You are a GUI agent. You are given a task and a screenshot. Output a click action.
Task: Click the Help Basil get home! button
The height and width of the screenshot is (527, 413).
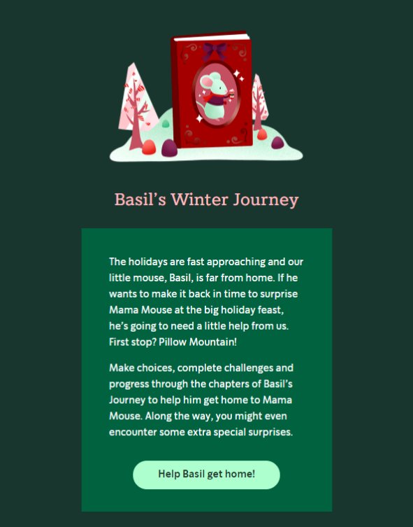[x=206, y=475]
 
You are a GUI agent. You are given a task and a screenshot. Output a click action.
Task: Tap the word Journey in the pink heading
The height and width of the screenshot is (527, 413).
[x=266, y=200]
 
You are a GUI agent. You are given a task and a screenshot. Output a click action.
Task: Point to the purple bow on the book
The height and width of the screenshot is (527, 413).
[x=215, y=50]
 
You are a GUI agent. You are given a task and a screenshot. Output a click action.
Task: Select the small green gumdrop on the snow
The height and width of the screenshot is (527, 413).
[x=166, y=124]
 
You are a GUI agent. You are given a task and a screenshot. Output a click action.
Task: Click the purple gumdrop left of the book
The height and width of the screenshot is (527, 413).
[x=169, y=148]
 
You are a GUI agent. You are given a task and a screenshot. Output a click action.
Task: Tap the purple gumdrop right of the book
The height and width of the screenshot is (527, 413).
[x=277, y=143]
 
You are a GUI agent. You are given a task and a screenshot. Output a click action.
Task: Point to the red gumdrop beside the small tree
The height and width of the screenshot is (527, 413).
[x=262, y=134]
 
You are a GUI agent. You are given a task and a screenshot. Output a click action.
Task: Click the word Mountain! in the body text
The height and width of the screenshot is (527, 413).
[x=212, y=342]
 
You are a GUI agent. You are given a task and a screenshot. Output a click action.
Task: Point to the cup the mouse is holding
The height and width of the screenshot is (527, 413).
[x=231, y=93]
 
